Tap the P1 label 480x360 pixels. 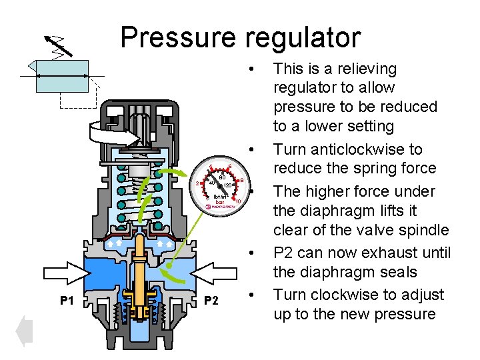pyautogui.click(x=67, y=301)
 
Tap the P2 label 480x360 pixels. pyautogui.click(x=211, y=301)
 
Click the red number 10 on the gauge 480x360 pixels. pyautogui.click(x=238, y=201)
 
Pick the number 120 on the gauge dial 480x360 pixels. pyautogui.click(x=227, y=185)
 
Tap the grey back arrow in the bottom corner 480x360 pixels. pyautogui.click(x=24, y=331)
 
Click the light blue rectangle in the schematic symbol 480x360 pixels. pyautogui.click(x=62, y=75)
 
